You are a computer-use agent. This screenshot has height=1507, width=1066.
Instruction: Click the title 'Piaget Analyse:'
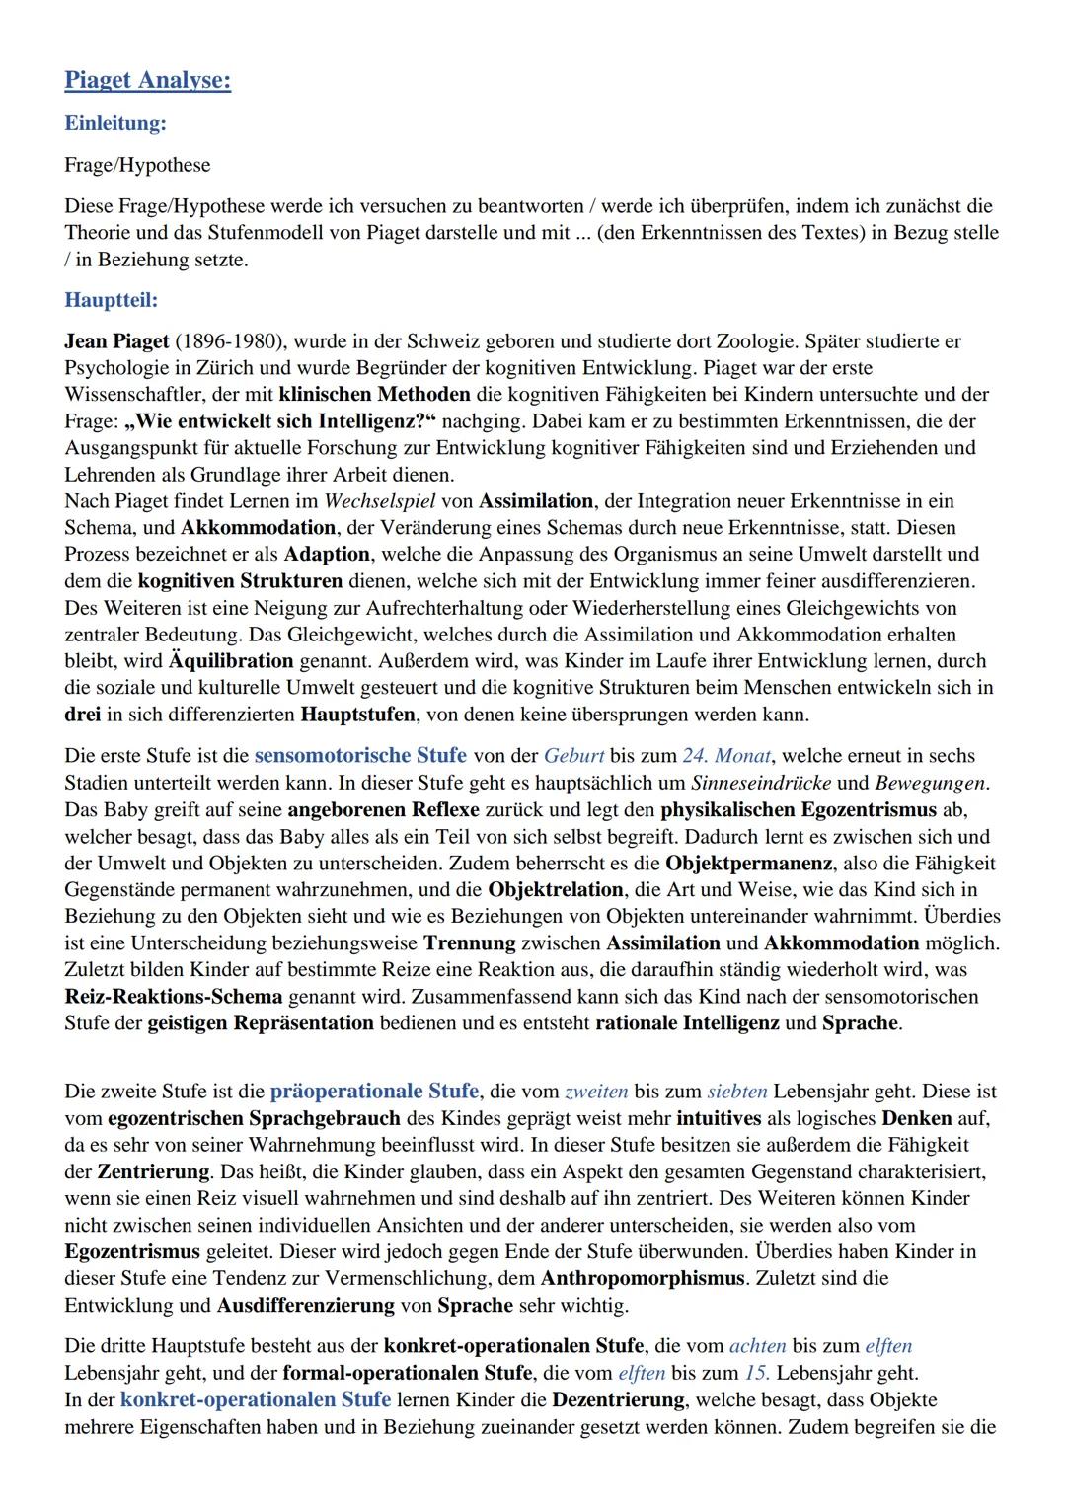pos(147,80)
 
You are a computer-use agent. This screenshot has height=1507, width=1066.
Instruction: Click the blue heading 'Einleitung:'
pos(114,124)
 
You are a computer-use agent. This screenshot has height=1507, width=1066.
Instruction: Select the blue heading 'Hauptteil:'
pos(111,299)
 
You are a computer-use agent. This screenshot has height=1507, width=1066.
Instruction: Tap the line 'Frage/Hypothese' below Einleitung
pos(137,165)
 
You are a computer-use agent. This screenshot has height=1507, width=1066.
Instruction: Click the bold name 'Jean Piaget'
pos(116,341)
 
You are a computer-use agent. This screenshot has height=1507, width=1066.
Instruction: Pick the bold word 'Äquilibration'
pos(231,661)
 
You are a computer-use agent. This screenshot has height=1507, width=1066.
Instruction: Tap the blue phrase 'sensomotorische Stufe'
pos(360,756)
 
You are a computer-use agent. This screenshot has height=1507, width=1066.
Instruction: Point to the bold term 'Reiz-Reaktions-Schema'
pos(173,997)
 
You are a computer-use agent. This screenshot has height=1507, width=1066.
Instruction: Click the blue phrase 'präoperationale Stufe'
pos(374,1092)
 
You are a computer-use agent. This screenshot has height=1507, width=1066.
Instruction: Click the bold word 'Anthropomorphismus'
pos(643,1279)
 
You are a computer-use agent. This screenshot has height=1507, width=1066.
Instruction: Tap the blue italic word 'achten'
pos(757,1346)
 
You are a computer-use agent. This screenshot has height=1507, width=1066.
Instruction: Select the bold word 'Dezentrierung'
pos(618,1400)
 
